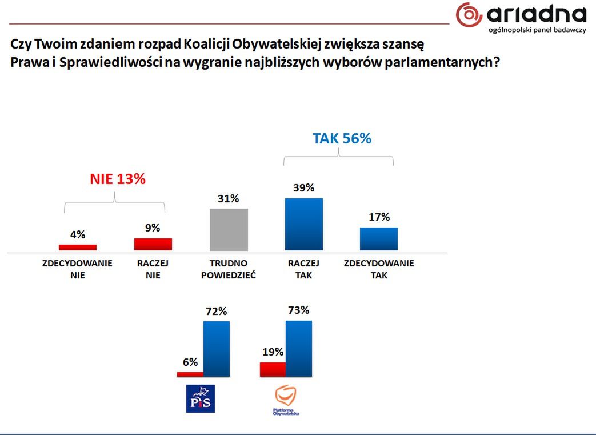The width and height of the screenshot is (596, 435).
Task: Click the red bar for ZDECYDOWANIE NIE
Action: pyautogui.click(x=78, y=248)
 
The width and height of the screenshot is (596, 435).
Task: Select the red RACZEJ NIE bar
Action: pyautogui.click(x=153, y=244)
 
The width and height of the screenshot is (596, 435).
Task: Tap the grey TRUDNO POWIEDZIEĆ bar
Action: pyautogui.click(x=229, y=229)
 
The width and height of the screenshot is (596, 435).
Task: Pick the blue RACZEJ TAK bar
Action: pyautogui.click(x=304, y=224)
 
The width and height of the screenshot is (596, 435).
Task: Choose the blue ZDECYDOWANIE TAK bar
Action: pyautogui.click(x=379, y=239)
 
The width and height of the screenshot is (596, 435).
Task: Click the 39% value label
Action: pyautogui.click(x=304, y=188)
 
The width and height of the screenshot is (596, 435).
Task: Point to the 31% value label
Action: pyautogui.click(x=228, y=199)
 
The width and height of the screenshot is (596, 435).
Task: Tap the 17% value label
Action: pyautogui.click(x=379, y=217)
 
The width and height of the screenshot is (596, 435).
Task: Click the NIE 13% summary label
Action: pyautogui.click(x=118, y=179)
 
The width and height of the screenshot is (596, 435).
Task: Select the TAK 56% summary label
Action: pyautogui.click(x=342, y=138)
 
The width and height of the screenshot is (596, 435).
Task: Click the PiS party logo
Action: pyautogui.click(x=201, y=398)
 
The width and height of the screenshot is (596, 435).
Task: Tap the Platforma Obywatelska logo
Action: pyautogui.click(x=286, y=400)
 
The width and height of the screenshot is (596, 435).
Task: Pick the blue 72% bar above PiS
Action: pyautogui.click(x=217, y=349)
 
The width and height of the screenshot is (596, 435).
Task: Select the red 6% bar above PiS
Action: pyautogui.click(x=190, y=374)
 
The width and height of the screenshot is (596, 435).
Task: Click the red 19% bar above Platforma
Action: pyautogui.click(x=273, y=369)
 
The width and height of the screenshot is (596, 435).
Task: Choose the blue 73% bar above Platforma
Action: pyautogui.click(x=299, y=349)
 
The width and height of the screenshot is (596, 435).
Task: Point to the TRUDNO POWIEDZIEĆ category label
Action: pyautogui.click(x=229, y=269)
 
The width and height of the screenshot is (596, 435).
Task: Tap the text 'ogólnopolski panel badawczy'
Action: pyautogui.click(x=537, y=30)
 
